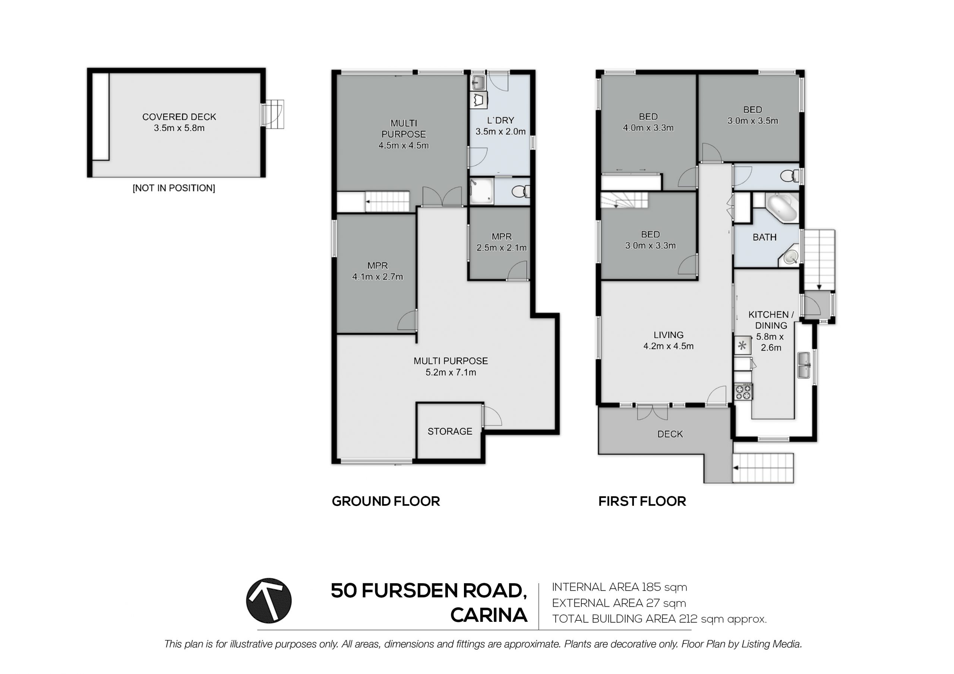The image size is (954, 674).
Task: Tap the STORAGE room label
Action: point(450,432)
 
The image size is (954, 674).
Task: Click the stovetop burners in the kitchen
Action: point(743,392)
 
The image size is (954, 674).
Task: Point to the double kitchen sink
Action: point(804,365)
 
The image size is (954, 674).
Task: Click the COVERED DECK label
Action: point(179,117)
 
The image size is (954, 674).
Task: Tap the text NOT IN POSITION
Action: point(174,188)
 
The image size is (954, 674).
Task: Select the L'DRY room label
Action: point(501,120)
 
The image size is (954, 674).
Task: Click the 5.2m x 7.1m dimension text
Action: point(451,372)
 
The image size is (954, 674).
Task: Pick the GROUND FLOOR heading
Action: point(386,501)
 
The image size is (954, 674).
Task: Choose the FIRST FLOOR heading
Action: point(642,501)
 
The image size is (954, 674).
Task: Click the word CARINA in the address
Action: point(489,615)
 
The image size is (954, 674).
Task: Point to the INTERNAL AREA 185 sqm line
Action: point(619,587)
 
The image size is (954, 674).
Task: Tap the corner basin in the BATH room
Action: point(790,257)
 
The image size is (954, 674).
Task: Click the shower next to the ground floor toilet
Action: point(481,191)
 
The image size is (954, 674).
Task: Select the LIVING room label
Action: point(669,335)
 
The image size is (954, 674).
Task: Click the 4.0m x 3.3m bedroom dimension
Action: point(648,128)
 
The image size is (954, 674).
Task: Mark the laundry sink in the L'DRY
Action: point(478,82)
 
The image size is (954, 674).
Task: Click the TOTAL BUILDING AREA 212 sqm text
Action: point(659,619)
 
